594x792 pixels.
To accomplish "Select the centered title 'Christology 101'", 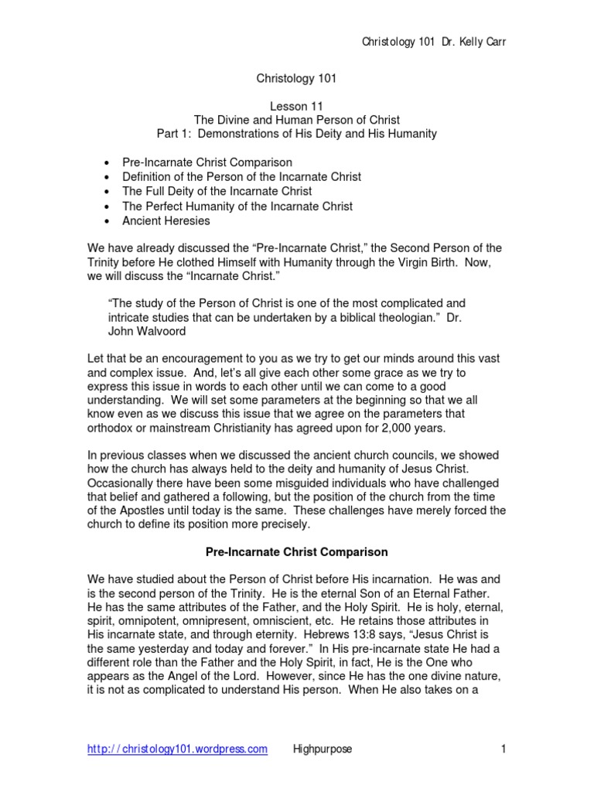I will pyautogui.click(x=296, y=77).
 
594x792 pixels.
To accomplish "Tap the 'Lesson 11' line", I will pyautogui.click(x=296, y=106).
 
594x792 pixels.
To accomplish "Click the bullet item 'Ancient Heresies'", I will pyautogui.click(x=166, y=220).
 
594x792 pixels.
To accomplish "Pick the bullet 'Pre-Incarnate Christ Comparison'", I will pyautogui.click(x=207, y=162).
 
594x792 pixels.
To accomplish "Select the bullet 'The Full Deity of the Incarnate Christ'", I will pyautogui.click(x=217, y=191).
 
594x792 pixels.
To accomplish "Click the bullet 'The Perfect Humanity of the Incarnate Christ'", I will pyautogui.click(x=237, y=206).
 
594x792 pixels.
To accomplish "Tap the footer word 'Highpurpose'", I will pyautogui.click(x=322, y=749).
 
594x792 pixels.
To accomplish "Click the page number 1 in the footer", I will pyautogui.click(x=503, y=749).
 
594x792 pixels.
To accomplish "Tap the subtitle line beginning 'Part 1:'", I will pyautogui.click(x=296, y=134).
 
